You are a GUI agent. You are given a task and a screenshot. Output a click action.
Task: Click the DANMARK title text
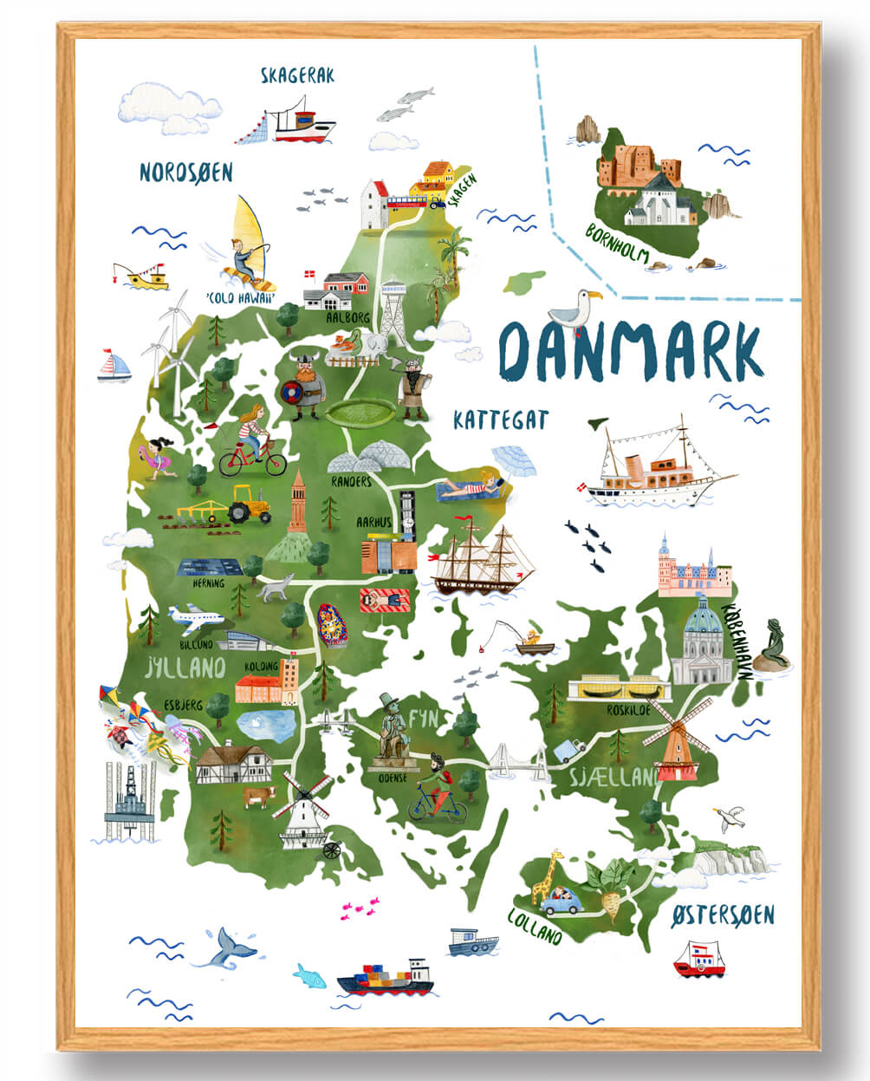(x=630, y=354)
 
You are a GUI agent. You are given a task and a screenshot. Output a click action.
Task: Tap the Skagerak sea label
(x=297, y=76)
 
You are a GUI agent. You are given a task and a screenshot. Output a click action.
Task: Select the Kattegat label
(x=500, y=420)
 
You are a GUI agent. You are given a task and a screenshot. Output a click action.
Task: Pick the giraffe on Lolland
(x=549, y=876)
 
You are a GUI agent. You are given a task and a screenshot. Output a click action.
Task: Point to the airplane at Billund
(x=196, y=618)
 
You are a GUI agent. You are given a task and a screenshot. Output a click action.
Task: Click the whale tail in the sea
(x=227, y=946)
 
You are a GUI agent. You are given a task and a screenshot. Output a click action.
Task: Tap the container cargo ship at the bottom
(x=385, y=977)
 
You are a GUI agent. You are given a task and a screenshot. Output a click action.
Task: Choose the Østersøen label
(x=723, y=915)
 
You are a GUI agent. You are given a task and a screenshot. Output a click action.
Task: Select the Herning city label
(x=208, y=583)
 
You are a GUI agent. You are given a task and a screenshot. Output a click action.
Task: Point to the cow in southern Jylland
(x=259, y=796)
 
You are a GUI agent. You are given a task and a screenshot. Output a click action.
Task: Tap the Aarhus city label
(x=374, y=523)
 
